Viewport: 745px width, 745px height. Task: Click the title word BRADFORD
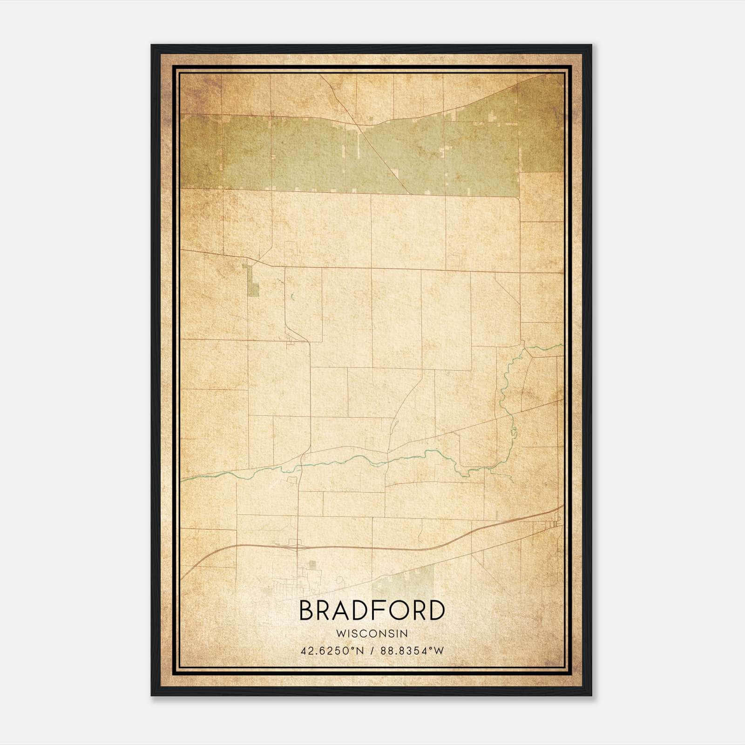pyautogui.click(x=372, y=610)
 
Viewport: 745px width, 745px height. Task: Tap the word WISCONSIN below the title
pyautogui.click(x=372, y=634)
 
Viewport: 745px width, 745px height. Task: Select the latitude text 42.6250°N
pyautogui.click(x=332, y=650)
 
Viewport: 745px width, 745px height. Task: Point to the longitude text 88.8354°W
pyautogui.click(x=412, y=650)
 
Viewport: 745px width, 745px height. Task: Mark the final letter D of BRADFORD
pyautogui.click(x=436, y=610)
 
